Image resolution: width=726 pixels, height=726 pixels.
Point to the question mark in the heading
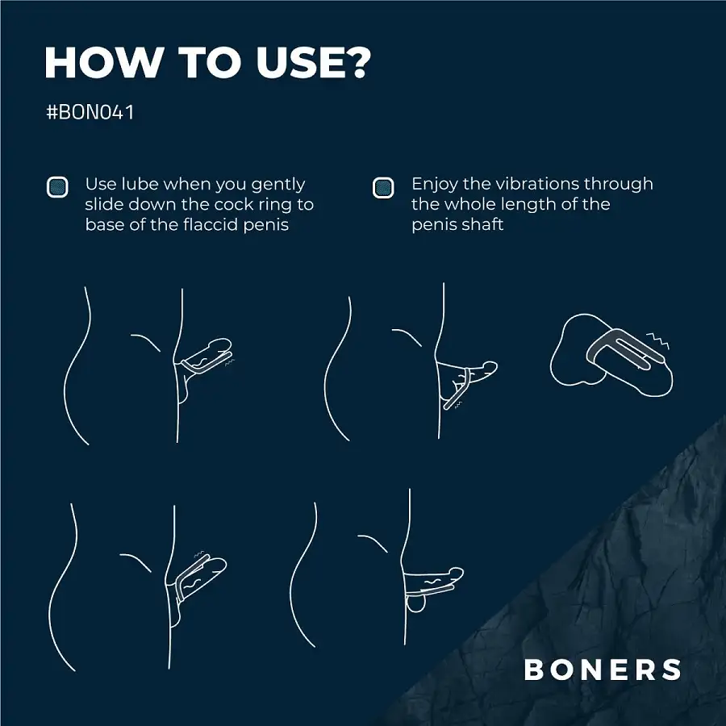[357, 62]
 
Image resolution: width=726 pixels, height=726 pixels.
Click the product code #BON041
[90, 112]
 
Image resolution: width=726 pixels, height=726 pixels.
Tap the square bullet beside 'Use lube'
[57, 187]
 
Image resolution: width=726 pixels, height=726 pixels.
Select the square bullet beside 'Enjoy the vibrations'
[383, 187]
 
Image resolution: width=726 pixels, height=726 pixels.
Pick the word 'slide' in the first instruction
[104, 204]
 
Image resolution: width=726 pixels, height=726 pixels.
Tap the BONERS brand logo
[603, 670]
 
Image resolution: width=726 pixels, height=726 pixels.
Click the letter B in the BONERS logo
[533, 670]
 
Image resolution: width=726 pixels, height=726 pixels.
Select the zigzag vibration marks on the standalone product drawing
[658, 340]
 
